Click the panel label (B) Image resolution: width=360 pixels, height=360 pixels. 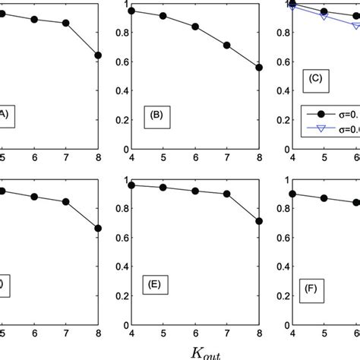point(159,117)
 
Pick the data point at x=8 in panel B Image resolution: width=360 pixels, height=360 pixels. point(259,68)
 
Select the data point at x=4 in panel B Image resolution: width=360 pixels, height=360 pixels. point(132,11)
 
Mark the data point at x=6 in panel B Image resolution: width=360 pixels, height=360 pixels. point(196,27)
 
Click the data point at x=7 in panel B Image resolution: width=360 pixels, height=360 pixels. point(227,46)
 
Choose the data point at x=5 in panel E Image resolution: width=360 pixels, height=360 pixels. point(164,187)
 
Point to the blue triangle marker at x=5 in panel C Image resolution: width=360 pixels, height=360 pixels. point(324,17)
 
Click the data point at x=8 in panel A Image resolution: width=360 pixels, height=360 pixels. point(97,55)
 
